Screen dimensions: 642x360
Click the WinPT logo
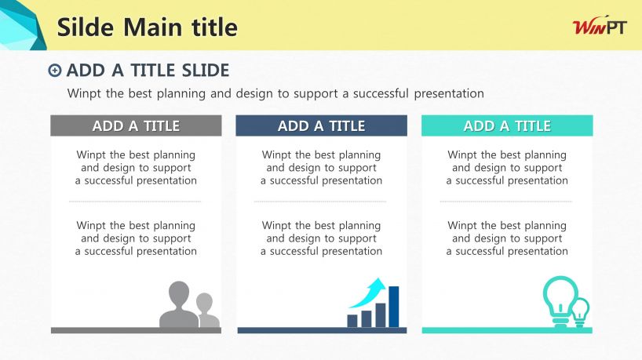(x=600, y=27)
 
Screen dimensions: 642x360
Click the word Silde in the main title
(x=86, y=27)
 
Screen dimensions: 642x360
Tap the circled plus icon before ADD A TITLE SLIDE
(x=55, y=71)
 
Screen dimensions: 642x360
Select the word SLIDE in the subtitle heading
(x=206, y=71)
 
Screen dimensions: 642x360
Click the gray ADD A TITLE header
(x=136, y=125)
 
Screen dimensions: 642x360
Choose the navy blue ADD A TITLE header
(x=322, y=125)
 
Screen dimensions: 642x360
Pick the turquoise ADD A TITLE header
(x=507, y=125)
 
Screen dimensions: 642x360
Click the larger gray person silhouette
(x=179, y=304)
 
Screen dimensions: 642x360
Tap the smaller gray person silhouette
(x=209, y=311)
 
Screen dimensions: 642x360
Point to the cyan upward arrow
(x=369, y=294)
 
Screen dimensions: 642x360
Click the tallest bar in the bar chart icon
(x=393, y=307)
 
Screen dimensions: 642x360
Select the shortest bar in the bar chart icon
(x=352, y=321)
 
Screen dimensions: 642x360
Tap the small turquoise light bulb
(x=581, y=312)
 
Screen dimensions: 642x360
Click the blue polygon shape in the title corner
(x=21, y=25)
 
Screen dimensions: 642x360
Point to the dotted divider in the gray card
(x=135, y=202)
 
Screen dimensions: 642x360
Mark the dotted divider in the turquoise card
(x=506, y=202)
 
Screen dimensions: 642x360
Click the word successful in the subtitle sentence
(x=381, y=93)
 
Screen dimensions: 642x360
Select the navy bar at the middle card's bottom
(x=323, y=330)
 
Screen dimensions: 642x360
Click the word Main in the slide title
(x=153, y=27)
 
